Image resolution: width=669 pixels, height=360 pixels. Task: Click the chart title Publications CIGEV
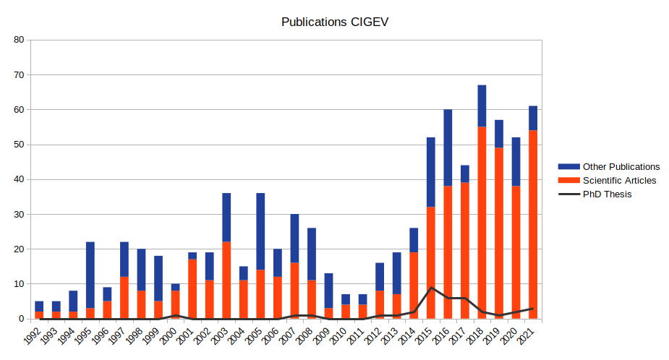click(x=334, y=22)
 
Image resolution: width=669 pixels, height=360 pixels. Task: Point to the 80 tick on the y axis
click(x=19, y=40)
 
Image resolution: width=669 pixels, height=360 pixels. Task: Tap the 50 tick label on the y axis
click(x=19, y=145)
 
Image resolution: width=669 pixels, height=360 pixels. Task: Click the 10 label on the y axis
click(x=19, y=284)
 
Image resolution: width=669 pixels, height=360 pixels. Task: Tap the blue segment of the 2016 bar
click(x=448, y=147)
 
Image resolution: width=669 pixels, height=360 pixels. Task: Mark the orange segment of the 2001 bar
click(x=192, y=289)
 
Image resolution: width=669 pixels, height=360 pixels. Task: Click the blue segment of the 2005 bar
click(x=260, y=231)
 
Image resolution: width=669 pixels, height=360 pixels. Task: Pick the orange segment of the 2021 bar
click(x=533, y=224)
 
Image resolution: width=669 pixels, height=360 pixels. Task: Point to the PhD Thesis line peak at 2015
click(x=431, y=288)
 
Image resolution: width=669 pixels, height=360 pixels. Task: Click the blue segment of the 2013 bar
click(x=396, y=273)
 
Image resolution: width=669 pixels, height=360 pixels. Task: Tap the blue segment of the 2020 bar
click(x=516, y=161)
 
